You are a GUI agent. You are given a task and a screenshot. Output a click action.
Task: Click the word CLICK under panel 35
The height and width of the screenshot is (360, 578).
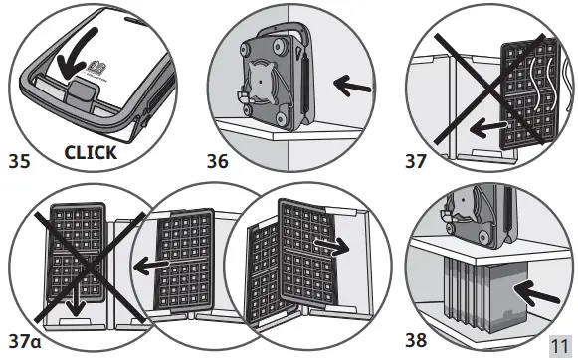pos(91,152)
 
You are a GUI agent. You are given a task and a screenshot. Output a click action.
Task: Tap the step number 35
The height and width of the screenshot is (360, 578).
pos(19,161)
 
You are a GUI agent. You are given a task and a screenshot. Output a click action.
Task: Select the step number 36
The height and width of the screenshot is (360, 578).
pos(218,161)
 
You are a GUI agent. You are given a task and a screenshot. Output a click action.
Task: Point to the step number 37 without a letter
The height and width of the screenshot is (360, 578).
pos(416,161)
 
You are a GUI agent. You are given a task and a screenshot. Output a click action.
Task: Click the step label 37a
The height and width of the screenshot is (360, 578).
pos(25,341)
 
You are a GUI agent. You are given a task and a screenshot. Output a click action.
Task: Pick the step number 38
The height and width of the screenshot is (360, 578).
pos(416,340)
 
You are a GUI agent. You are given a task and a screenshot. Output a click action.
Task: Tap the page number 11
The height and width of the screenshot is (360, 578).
pos(559,346)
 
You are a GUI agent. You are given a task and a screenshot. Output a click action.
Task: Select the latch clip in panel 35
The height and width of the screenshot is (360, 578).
pos(81,91)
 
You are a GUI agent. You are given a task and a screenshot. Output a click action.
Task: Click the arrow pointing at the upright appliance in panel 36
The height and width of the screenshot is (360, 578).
pos(352,86)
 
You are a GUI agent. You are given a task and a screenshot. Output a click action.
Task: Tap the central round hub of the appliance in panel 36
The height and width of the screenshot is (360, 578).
pos(261,82)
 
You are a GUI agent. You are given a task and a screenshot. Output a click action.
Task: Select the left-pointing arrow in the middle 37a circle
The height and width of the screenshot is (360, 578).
pos(151,265)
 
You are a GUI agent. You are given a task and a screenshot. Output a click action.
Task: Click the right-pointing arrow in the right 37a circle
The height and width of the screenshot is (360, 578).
pos(331,245)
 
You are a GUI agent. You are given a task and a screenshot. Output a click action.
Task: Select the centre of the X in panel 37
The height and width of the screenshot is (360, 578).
pos(490,89)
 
